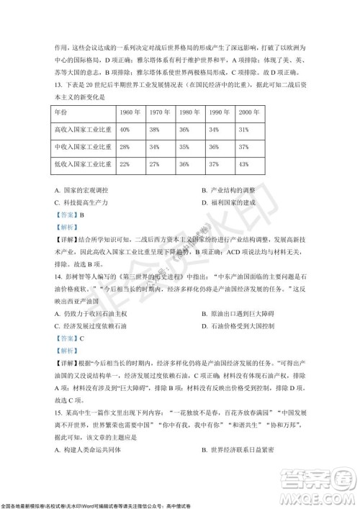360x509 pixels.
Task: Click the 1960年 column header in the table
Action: click(130, 114)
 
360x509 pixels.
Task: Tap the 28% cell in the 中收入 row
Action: click(125, 147)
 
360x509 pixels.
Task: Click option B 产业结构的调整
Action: click(230, 189)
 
